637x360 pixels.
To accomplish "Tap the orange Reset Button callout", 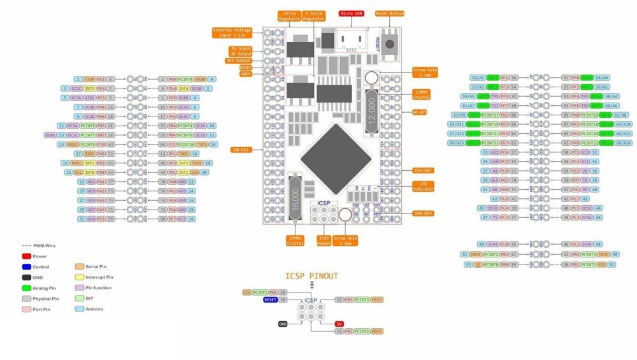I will (389, 13).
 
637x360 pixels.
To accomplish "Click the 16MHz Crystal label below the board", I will (295, 240).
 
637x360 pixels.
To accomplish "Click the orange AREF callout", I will (246, 74).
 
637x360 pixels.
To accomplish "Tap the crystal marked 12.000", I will (373, 112).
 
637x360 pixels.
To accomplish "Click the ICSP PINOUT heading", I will (311, 276).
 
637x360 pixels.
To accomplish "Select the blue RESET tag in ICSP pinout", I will (270, 299).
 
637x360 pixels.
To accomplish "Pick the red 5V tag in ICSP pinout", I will (340, 324).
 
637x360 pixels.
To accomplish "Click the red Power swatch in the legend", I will (27, 256).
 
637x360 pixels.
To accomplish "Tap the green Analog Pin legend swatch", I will (27, 288).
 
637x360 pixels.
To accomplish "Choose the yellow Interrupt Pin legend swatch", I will (80, 277).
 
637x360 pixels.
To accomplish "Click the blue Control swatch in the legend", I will (27, 267).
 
